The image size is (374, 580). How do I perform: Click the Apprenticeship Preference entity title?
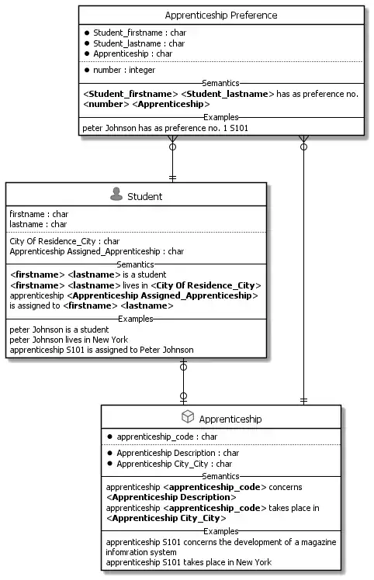point(221,16)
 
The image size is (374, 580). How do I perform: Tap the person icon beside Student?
point(116,195)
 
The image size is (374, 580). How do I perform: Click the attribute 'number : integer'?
point(124,71)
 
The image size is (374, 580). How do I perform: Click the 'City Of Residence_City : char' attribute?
point(64,241)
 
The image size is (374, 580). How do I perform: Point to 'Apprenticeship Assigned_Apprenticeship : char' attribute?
point(96,251)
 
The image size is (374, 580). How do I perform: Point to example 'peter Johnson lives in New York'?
point(68,340)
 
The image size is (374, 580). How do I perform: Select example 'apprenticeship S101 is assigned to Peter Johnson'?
point(101,350)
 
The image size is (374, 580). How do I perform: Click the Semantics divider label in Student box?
point(135,264)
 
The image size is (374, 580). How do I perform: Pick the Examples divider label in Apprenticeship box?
point(220,531)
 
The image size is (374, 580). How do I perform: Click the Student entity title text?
point(144,196)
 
